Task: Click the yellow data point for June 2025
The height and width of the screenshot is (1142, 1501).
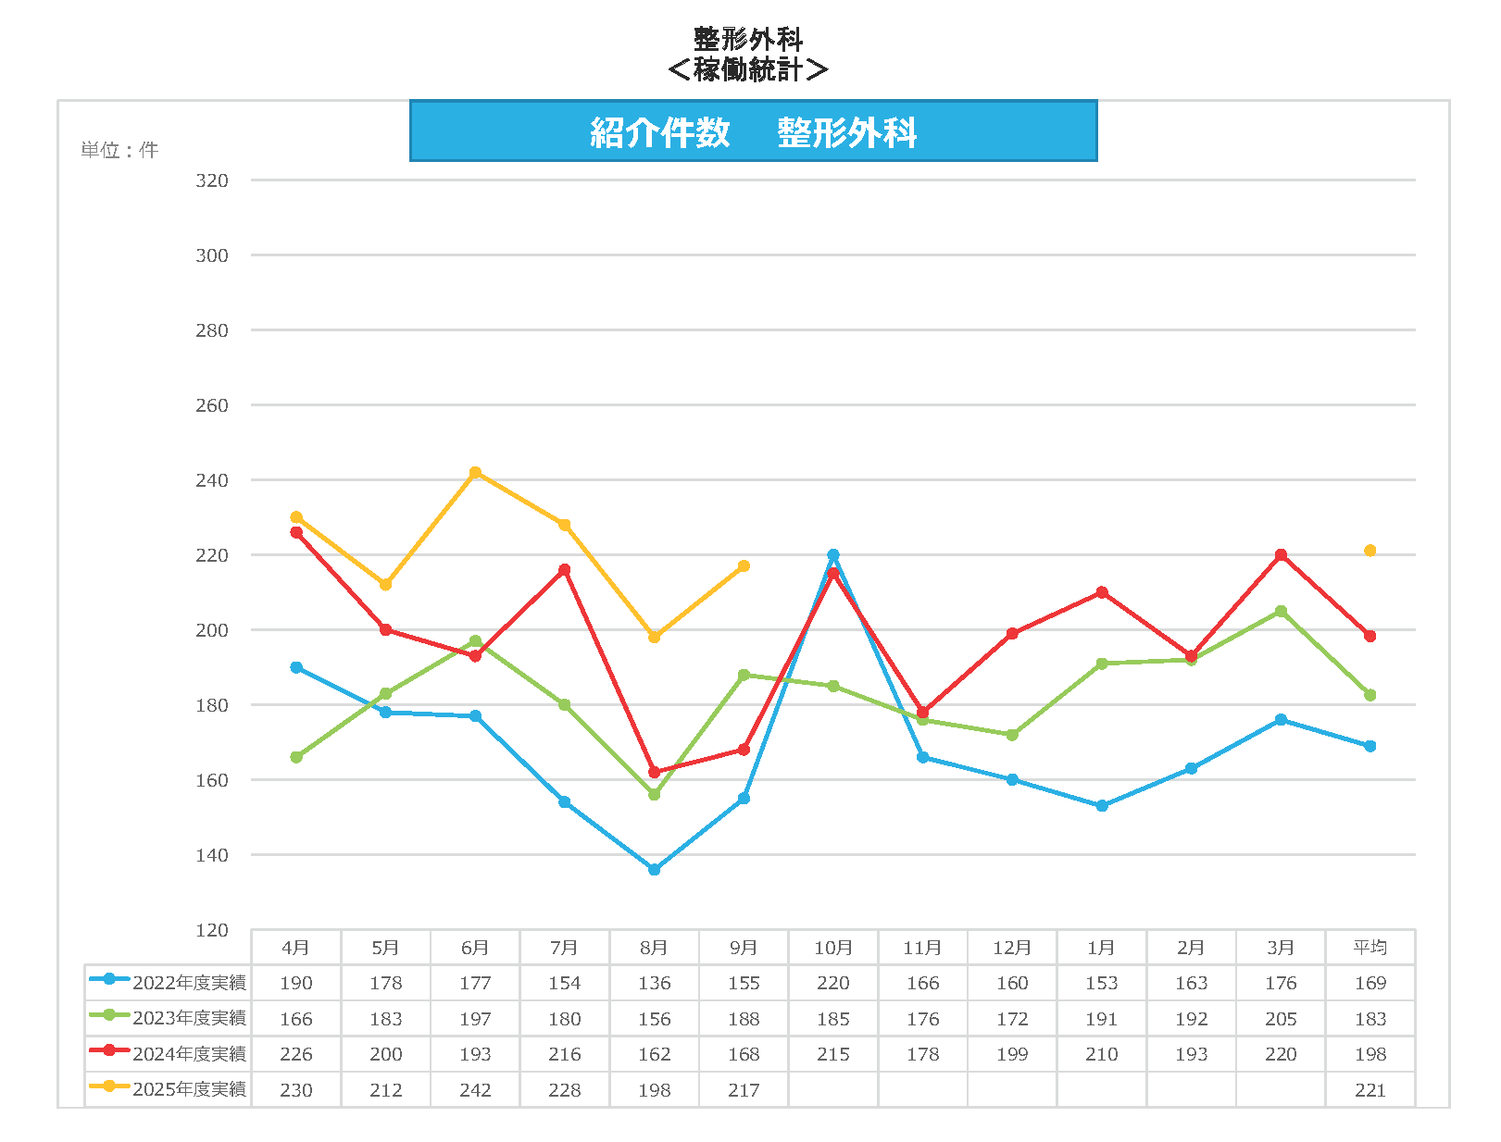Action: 475,473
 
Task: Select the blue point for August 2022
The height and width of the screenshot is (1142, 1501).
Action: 655,870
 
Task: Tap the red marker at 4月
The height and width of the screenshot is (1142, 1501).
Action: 296,533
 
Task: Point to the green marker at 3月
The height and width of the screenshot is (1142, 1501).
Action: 1281,612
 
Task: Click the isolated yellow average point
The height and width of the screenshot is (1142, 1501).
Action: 1370,551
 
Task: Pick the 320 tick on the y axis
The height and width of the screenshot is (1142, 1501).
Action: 211,180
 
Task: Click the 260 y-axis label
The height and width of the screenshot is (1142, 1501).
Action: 211,405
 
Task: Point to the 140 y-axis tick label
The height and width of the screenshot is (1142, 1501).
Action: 211,855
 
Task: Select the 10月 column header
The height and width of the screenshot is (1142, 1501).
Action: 833,948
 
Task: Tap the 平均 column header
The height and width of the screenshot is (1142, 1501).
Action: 1370,948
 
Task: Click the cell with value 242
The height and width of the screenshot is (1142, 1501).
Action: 475,1090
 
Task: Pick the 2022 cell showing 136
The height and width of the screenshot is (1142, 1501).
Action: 655,983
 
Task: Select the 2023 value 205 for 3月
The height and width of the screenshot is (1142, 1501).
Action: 1281,1019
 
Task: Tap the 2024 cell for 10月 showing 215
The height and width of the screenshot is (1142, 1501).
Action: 833,1054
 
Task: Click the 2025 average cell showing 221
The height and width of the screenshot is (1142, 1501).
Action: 1370,1090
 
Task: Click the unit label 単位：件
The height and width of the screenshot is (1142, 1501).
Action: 119,150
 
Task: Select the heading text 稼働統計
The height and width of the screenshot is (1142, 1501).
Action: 747,69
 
